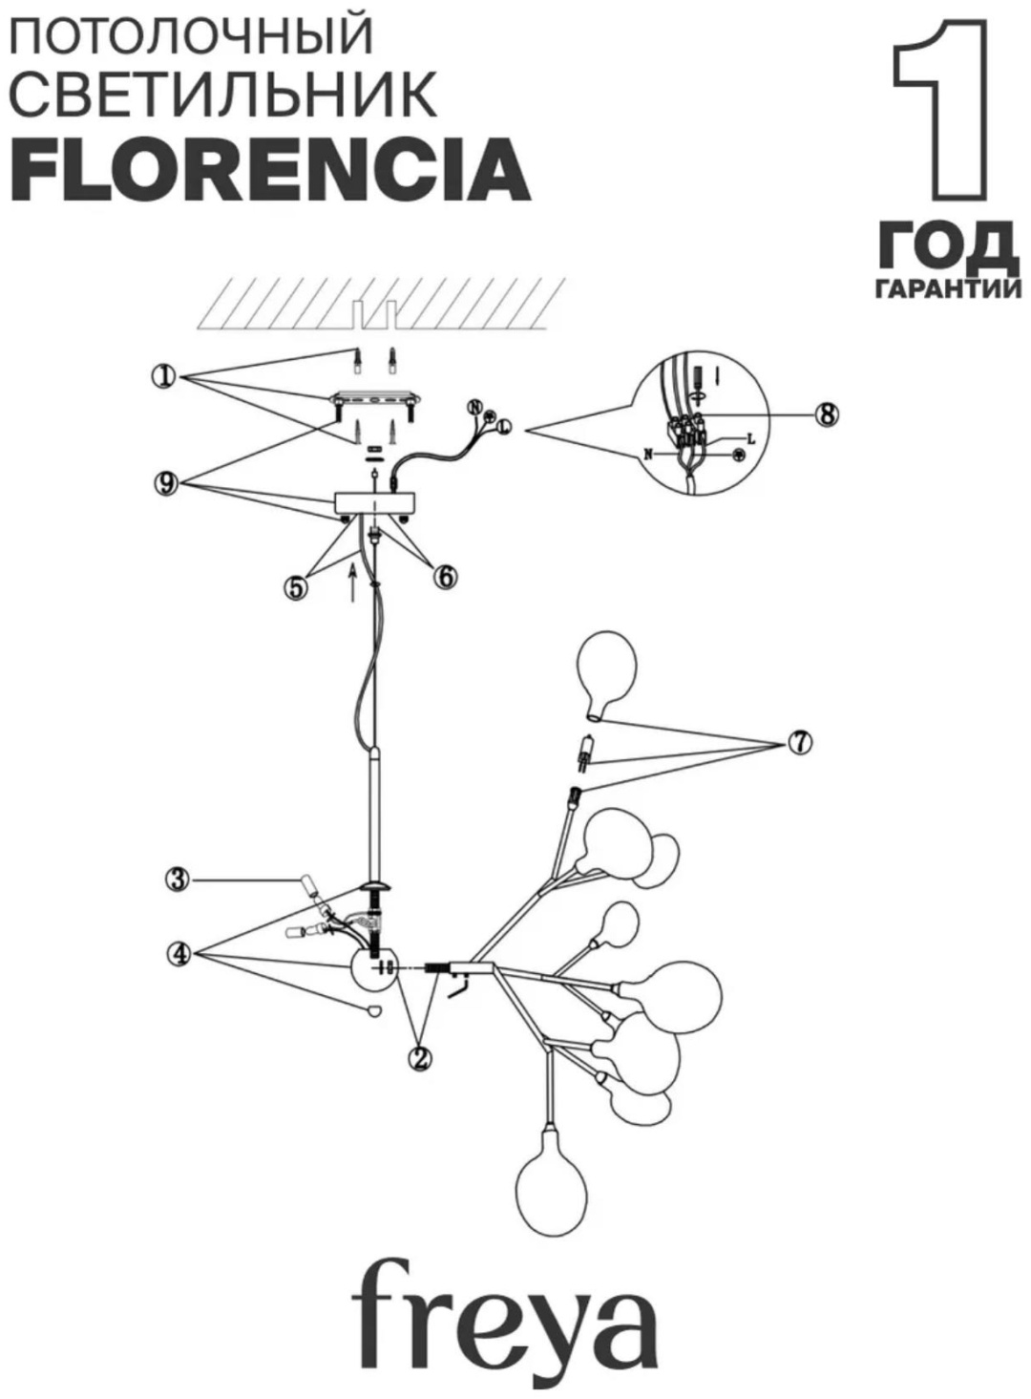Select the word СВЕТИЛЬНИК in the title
pyautogui.click(x=224, y=94)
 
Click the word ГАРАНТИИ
pyautogui.click(x=951, y=291)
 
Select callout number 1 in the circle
pyautogui.click(x=164, y=377)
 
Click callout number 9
pyautogui.click(x=167, y=484)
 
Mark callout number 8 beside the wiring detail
pyautogui.click(x=826, y=414)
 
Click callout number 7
pyautogui.click(x=800, y=743)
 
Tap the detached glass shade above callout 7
pyautogui.click(x=606, y=679)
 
